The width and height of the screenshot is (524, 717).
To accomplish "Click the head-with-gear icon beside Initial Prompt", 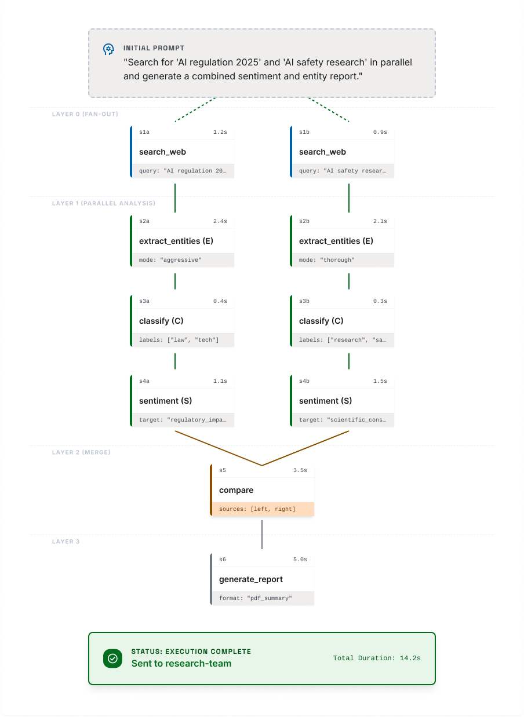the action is coord(108,49).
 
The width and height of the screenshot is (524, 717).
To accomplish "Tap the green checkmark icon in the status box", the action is coord(112,659).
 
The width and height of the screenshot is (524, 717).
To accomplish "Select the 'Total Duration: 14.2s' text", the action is coord(377,658).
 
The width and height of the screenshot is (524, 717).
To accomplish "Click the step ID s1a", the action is coord(144,132).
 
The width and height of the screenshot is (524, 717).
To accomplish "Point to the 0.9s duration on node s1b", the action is coord(380,132).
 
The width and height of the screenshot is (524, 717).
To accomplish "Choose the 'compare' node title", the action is coord(236,490).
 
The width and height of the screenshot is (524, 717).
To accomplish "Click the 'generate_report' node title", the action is coord(251,579).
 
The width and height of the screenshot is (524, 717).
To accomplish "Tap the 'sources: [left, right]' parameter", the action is coord(257,509).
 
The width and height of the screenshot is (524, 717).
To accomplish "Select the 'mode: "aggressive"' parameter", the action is coord(170,260).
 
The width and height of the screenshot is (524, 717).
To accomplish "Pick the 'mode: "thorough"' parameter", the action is coord(327,260).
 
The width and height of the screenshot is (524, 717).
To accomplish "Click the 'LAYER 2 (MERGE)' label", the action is coord(81,452).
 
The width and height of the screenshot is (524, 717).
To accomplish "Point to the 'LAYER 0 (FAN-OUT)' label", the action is coord(85,114).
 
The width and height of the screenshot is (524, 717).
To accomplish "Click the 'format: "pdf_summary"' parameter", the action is coord(255,598).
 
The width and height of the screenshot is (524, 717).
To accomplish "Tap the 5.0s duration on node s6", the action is coord(300,559).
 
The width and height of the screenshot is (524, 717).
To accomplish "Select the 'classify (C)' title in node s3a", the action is coord(161,321).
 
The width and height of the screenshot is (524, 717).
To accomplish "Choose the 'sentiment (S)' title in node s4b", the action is coord(325,401).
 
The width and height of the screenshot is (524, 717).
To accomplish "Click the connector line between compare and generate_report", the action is coord(262,535).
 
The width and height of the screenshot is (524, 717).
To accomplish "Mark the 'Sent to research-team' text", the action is coord(181,664).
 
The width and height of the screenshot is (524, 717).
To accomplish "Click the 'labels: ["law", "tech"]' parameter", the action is coord(179,340).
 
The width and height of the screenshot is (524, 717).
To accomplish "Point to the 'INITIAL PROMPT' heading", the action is coord(154,48).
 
